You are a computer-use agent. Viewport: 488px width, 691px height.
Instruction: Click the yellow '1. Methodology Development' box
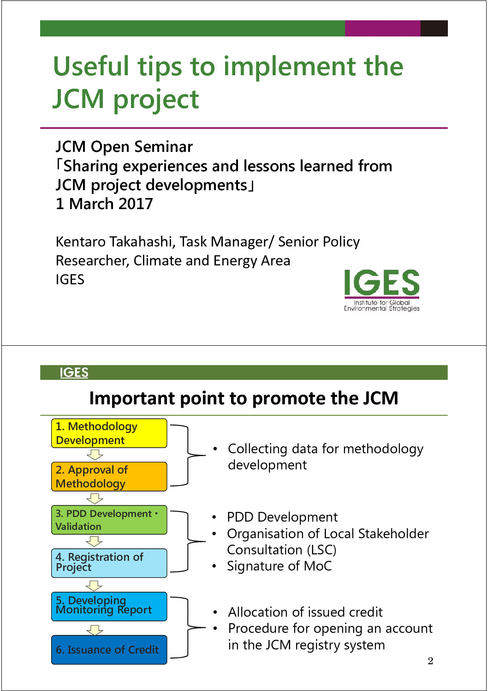(109, 433)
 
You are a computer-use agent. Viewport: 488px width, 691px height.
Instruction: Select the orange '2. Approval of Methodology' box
(109, 476)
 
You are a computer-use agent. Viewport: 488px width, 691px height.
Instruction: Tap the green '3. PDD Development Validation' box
(109, 520)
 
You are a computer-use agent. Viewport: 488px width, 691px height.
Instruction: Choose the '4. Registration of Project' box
(109, 563)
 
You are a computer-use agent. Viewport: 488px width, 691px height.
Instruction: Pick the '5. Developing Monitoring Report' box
(109, 607)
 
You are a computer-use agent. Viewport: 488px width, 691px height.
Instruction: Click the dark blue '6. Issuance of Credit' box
(109, 649)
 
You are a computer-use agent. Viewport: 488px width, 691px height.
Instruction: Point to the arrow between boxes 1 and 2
(95, 455)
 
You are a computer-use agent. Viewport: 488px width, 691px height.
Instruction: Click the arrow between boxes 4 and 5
(94, 585)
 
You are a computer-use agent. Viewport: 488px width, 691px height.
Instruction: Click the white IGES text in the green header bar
(74, 373)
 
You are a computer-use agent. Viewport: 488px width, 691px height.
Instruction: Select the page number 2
(430, 661)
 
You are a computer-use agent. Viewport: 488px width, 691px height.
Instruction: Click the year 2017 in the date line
(136, 204)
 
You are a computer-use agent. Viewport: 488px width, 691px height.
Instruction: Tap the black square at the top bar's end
(434, 28)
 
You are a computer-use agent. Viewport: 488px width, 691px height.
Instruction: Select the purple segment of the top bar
(382, 28)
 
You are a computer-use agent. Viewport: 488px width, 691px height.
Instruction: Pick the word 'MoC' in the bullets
(318, 566)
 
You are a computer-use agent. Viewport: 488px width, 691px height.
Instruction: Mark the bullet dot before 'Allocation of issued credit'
(215, 612)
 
